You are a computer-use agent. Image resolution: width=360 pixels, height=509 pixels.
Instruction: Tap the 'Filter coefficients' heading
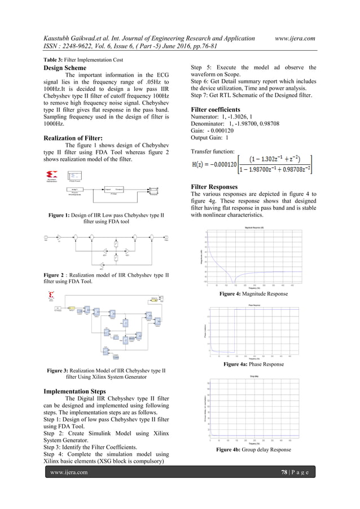point(216,109)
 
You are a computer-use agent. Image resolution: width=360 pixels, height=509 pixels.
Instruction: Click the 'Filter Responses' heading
point(214,187)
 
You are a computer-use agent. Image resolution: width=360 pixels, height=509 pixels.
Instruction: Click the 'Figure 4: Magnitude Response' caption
point(254,294)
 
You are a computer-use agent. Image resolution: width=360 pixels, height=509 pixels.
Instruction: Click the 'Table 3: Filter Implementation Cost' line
point(84,60)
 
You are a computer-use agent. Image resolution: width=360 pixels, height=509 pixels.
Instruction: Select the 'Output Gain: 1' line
point(210,137)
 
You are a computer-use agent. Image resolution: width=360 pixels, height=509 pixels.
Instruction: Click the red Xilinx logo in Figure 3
point(52,295)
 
